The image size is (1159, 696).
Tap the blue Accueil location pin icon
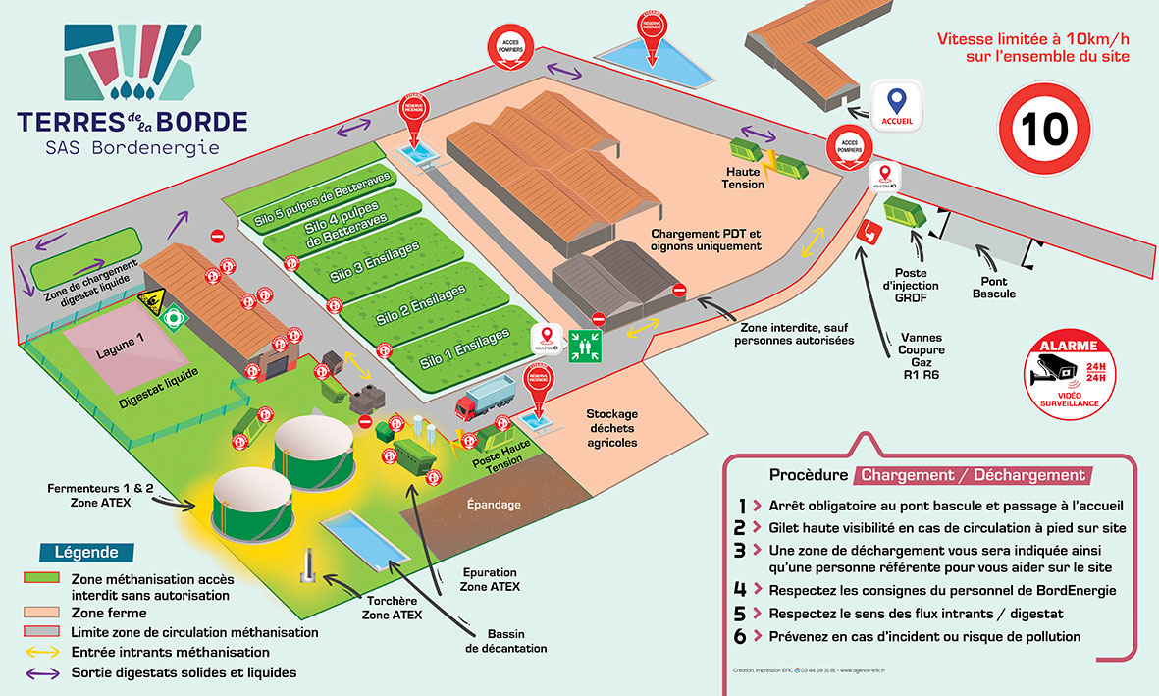click(895, 102)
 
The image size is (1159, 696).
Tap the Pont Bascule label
click(993, 288)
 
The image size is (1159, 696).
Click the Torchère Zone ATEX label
click(393, 608)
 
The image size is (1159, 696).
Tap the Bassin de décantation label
click(505, 641)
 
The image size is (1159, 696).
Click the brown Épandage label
click(493, 505)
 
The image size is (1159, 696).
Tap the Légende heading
click(87, 552)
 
